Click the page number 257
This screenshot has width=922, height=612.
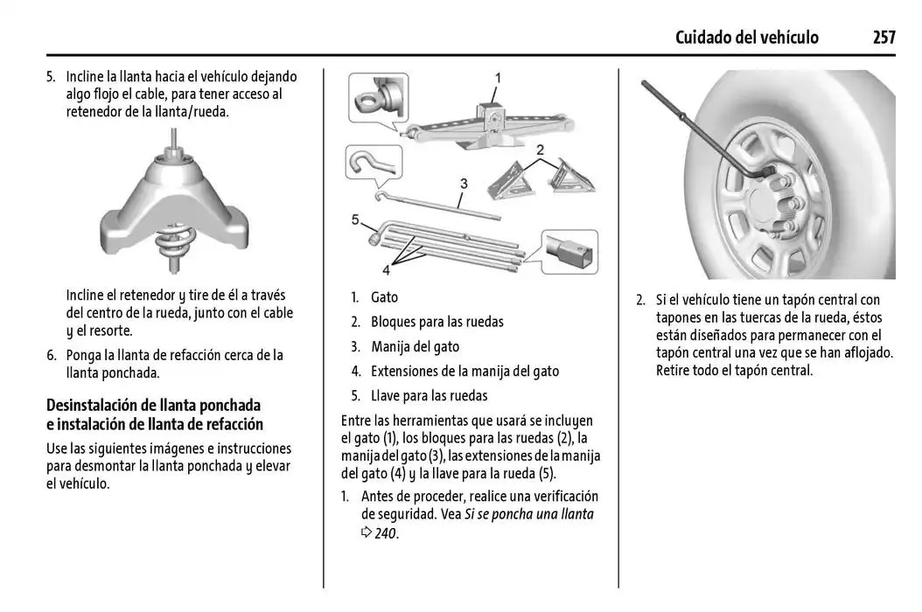coord(884,37)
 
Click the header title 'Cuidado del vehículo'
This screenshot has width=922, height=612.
coord(747,37)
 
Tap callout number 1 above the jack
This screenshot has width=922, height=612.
coord(498,78)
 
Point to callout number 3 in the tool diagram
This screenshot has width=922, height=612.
coord(463,184)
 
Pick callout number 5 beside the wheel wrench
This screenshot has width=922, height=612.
coord(356,219)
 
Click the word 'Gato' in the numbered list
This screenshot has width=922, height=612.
coord(384,297)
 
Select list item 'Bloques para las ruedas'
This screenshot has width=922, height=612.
coord(437,322)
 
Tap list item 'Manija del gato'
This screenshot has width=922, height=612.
coord(415,346)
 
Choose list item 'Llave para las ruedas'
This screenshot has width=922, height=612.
coord(429,395)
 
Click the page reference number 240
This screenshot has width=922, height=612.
coord(386,533)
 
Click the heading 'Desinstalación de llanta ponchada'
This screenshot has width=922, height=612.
coord(153,406)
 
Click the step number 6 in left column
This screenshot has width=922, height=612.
coord(51,356)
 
